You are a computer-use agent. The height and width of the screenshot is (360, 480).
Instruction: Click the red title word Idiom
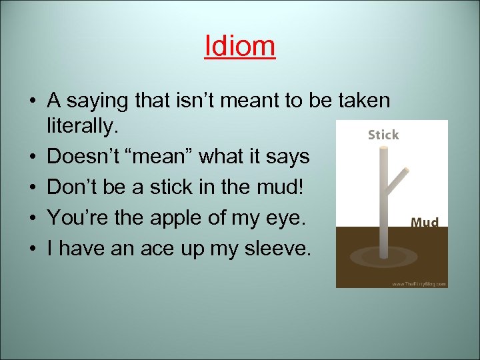[239, 46]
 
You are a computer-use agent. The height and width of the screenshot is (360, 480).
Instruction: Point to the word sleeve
[275, 249]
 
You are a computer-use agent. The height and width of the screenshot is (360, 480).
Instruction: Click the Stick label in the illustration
[383, 135]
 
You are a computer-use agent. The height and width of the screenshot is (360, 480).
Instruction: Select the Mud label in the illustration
[425, 221]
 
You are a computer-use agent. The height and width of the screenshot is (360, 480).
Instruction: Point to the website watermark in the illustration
[419, 283]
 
